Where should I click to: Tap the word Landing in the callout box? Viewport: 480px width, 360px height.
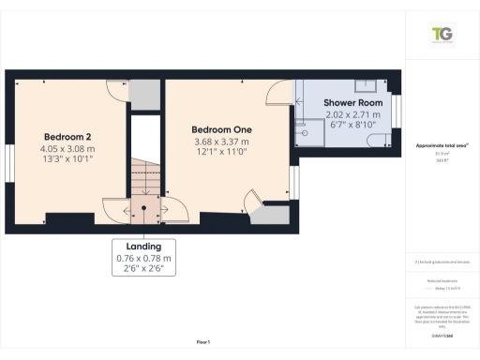click(144, 247)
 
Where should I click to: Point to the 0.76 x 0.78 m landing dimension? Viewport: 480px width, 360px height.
click(144, 259)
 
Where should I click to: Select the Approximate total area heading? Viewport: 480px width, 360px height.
click(441, 146)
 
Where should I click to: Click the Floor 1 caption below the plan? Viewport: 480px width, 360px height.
click(202, 342)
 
